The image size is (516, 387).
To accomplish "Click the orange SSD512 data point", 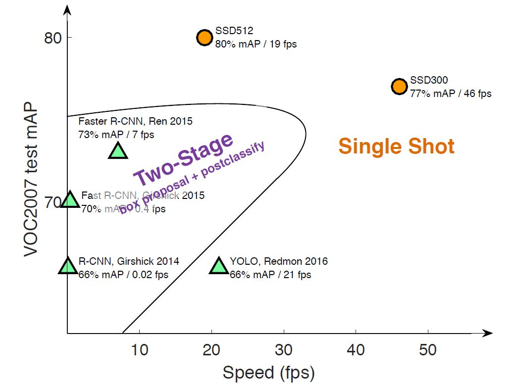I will pos(205,37).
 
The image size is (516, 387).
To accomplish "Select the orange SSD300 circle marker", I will pos(399,86).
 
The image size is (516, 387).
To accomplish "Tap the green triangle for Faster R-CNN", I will pos(118,150).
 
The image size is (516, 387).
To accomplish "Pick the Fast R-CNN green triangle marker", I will pos(70,199).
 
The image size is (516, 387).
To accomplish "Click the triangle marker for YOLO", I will pos(219,266).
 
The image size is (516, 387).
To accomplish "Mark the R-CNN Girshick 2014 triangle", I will pos(68,266).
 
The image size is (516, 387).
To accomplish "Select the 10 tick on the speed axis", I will pos(140,350).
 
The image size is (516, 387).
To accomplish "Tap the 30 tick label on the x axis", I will pos(284,350).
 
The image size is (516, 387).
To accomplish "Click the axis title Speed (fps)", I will pos(268,373).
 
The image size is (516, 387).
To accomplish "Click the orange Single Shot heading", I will pos(396,146).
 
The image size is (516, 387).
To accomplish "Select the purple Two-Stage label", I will pos(183,159).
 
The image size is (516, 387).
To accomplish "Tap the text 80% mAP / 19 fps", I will pos(256,44).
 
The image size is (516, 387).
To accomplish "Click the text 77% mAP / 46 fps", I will pos(451,93).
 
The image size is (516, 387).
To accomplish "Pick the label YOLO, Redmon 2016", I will pos(278,261).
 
